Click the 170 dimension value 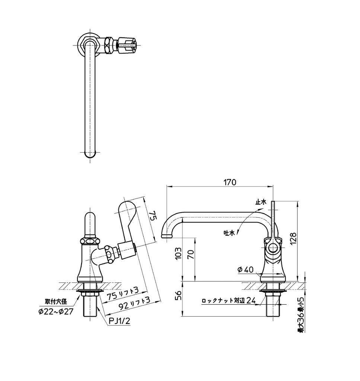(230, 182)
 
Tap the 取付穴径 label (56, 302)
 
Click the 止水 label (260, 202)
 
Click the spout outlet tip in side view (167, 236)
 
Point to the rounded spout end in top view (90, 154)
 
